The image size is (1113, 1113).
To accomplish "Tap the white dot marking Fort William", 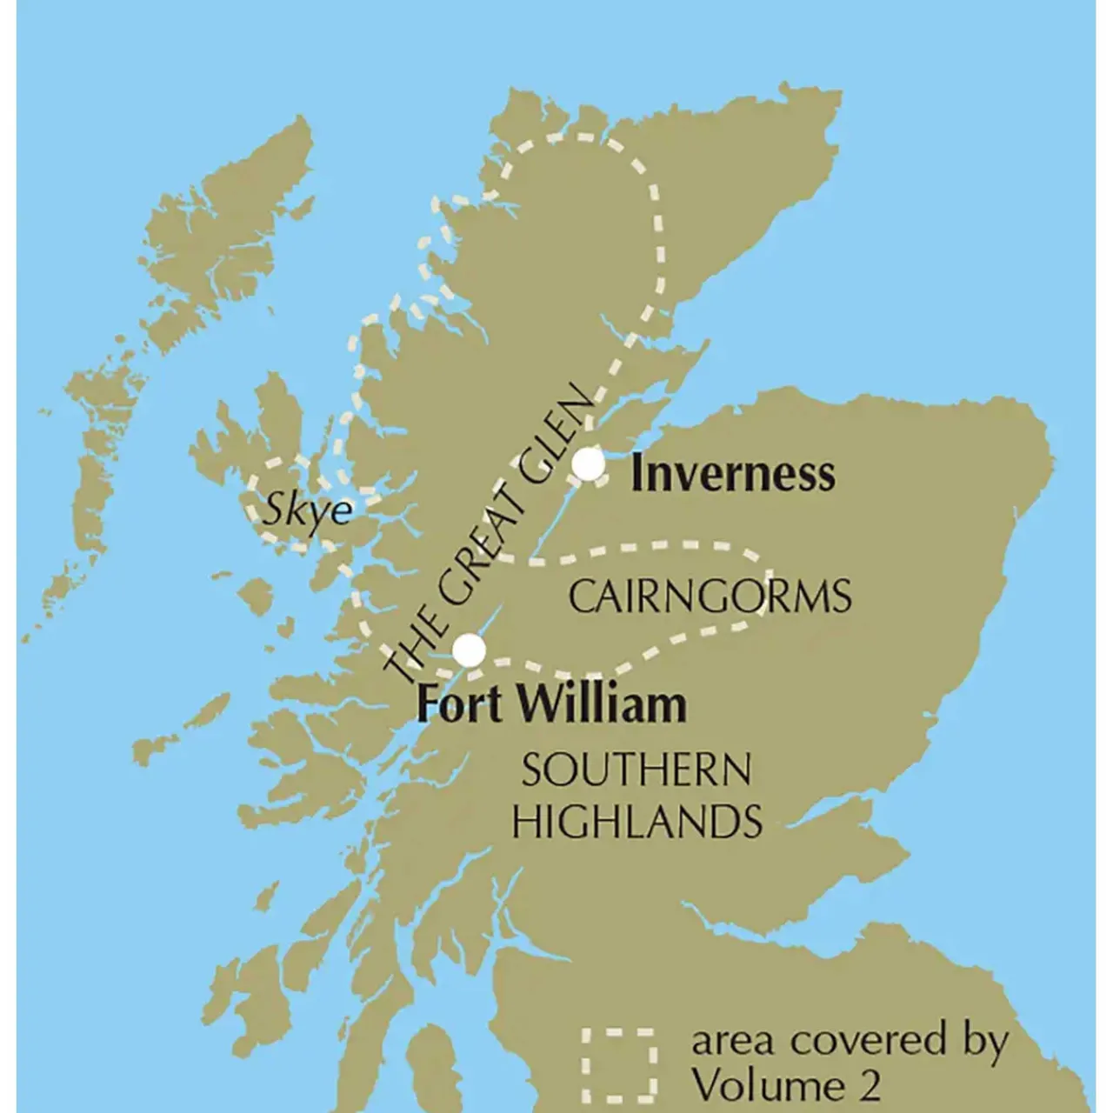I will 470,650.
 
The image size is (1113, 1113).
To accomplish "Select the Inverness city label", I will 732,475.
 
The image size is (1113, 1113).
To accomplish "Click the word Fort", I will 458,704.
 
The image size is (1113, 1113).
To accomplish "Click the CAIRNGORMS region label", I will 710,597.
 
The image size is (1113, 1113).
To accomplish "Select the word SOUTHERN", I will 636,771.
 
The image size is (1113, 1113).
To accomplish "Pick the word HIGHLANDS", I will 637,821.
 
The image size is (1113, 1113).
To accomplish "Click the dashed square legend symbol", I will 618,1063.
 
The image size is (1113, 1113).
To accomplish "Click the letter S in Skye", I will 277,510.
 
